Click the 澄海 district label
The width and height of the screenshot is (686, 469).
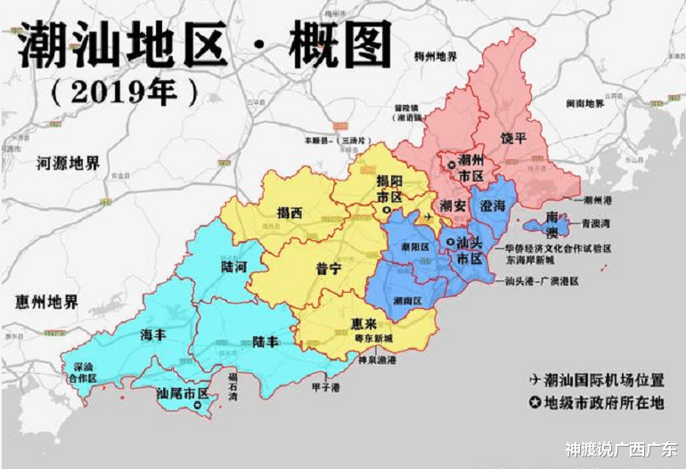pos(494,205)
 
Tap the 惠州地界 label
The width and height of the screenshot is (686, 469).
pos(46,302)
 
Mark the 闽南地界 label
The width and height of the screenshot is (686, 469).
pos(584,104)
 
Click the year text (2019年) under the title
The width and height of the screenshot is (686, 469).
pos(125,93)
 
